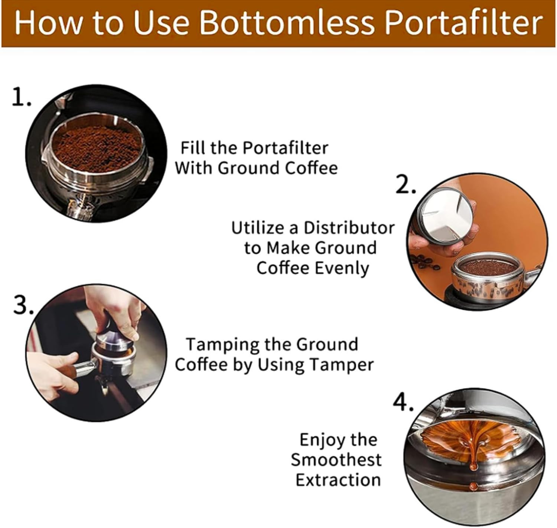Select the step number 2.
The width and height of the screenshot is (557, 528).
[x=405, y=185]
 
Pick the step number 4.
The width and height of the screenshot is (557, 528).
[x=403, y=403]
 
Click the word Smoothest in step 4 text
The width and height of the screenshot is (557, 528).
[x=336, y=460]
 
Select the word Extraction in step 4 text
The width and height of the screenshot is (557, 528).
[x=338, y=480]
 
